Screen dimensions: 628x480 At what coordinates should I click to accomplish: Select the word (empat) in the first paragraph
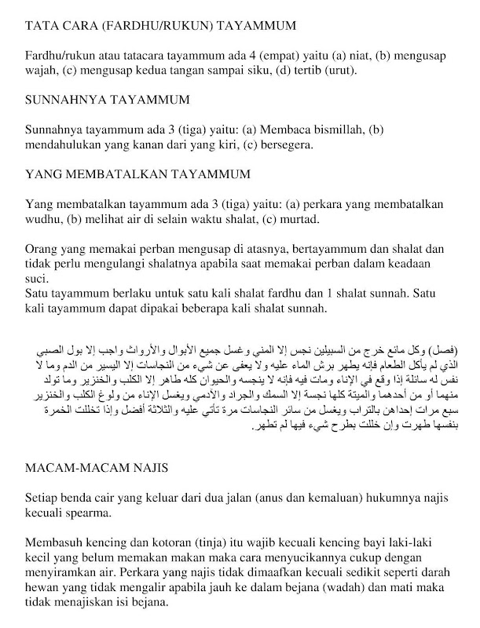click(x=280, y=57)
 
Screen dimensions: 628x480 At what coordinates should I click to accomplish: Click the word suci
click(x=36, y=279)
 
